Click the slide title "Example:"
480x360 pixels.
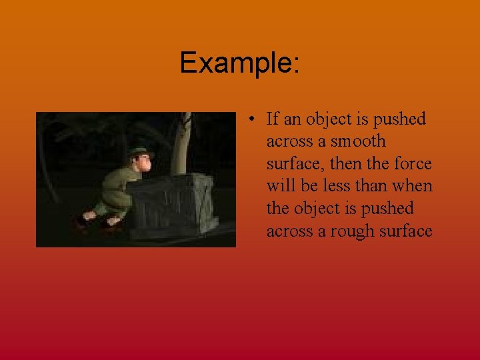[x=240, y=63]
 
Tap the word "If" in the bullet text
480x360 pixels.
[x=272, y=119]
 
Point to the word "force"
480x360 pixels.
[x=413, y=164]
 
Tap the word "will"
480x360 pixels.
[x=281, y=186]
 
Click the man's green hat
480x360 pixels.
[x=140, y=151]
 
